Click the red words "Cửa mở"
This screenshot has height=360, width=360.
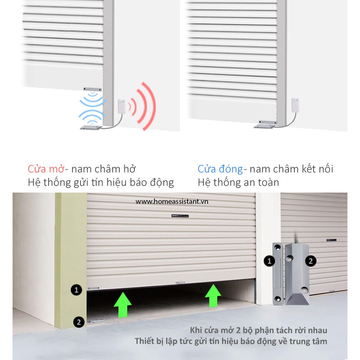point(46,169)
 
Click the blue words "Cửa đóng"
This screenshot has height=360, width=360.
point(220,169)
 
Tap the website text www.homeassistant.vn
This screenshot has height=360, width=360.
point(172,202)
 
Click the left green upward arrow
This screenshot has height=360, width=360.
point(123,305)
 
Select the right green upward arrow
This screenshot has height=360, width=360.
point(213,296)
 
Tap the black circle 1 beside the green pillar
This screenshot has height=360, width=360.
point(77,290)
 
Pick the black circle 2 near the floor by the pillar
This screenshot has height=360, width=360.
point(79,322)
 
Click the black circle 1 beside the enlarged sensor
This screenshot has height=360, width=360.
point(269,261)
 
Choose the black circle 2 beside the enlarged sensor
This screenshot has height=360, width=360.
point(311,261)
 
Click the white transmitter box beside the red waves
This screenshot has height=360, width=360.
point(121,106)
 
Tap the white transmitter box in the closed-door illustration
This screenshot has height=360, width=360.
point(295,105)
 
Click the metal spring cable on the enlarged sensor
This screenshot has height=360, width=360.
point(296,238)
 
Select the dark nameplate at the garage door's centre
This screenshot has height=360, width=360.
point(180,216)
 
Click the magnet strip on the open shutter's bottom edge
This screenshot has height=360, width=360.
point(93,89)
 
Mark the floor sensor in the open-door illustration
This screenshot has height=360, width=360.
point(91,127)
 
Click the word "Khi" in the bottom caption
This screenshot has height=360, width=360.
point(195,330)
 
